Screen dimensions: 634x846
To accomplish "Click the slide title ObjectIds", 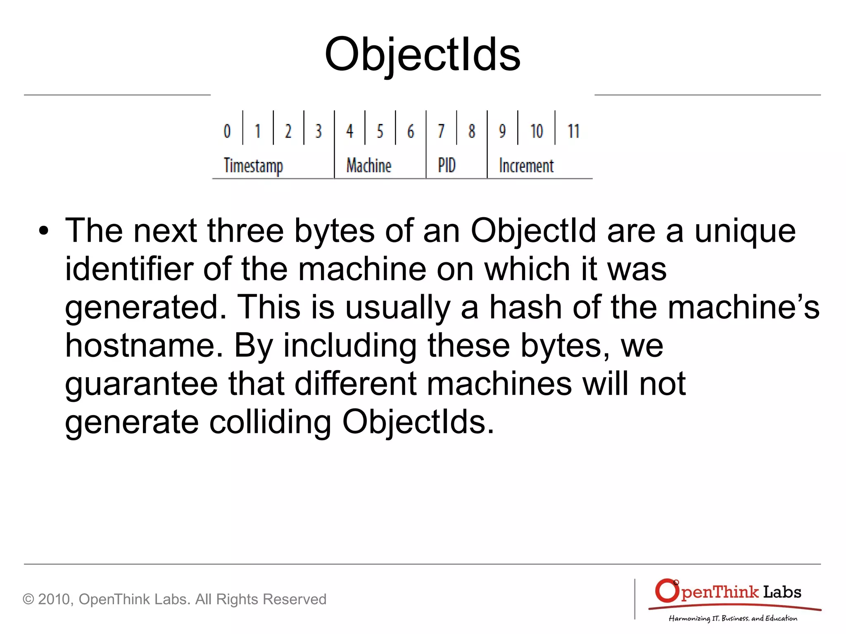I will pyautogui.click(x=422, y=55).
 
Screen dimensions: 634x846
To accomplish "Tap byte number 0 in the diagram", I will pyautogui.click(x=227, y=131).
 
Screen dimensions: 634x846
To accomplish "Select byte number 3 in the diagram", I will pyautogui.click(x=318, y=131).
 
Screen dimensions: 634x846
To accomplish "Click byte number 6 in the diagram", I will pyautogui.click(x=410, y=131).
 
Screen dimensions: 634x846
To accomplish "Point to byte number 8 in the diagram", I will pyautogui.click(x=472, y=131).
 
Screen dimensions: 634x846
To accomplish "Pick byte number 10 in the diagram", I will pyautogui.click(x=537, y=131).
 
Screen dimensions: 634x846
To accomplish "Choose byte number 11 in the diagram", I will pyautogui.click(x=573, y=131).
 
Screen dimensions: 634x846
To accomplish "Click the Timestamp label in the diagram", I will pyautogui.click(x=253, y=166).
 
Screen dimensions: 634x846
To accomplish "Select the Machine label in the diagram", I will pyautogui.click(x=368, y=165).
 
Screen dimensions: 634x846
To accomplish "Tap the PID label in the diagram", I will pyautogui.click(x=447, y=165).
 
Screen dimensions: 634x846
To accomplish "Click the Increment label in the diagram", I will pyautogui.click(x=526, y=165).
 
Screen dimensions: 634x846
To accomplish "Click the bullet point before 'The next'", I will pyautogui.click(x=43, y=232).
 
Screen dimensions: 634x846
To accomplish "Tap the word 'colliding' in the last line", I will pyautogui.click(x=270, y=422).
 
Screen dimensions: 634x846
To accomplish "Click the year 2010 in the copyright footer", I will pyautogui.click(x=55, y=599).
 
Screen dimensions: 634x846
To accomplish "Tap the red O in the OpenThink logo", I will pyautogui.click(x=667, y=591).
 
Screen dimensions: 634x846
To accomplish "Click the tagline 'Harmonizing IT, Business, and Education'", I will pyautogui.click(x=733, y=618).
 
